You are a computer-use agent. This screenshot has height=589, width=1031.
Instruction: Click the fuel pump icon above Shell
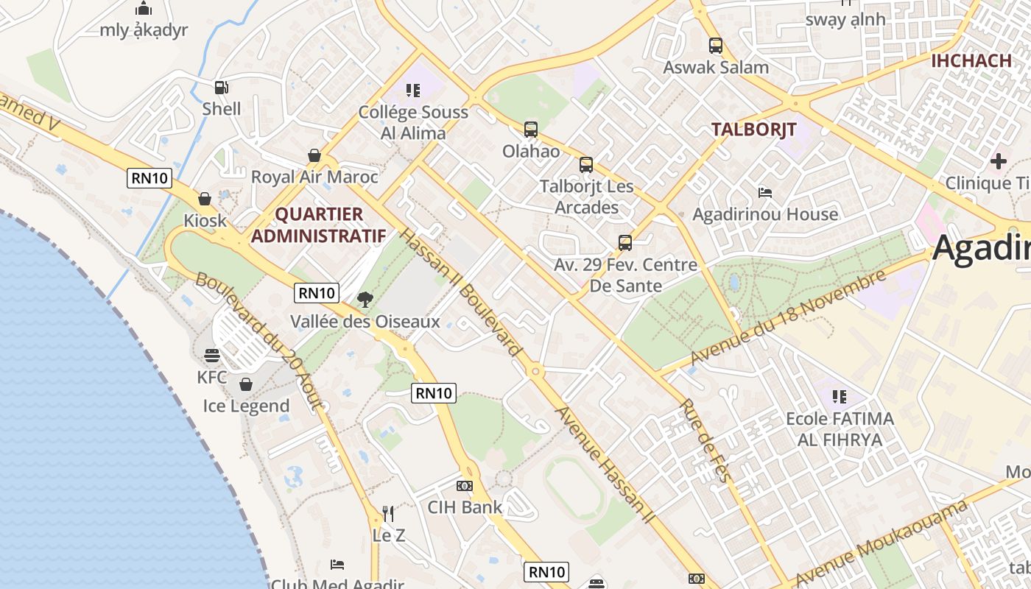pos(221,87)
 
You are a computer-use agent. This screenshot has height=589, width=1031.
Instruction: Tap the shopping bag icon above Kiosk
pos(205,199)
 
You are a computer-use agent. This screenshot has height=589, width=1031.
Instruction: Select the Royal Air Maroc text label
pos(314,177)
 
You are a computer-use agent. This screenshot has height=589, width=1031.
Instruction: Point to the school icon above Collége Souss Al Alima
pos(413,91)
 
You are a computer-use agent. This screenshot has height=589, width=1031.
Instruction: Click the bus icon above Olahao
pos(531,130)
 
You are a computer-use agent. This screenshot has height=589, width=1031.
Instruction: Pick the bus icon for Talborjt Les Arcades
pos(586,165)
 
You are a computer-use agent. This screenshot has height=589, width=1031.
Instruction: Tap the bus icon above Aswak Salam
pos(716,46)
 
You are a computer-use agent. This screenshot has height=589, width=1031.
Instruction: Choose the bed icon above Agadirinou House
pos(765,193)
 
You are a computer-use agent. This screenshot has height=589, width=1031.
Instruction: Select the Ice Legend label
pos(246,406)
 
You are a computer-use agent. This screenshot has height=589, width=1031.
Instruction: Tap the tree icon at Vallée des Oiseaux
pos(365,300)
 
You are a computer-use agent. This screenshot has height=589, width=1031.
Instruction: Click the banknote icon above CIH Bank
pos(465,486)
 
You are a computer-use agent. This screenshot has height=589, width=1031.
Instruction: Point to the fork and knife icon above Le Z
pos(388,514)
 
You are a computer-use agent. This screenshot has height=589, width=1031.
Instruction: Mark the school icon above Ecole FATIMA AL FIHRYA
pos(839,397)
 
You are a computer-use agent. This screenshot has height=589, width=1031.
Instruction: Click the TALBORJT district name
pos(753,130)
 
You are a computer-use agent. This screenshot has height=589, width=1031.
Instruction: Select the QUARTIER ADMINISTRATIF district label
pos(319,225)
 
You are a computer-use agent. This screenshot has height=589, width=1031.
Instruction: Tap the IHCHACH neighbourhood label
pos(971,60)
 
